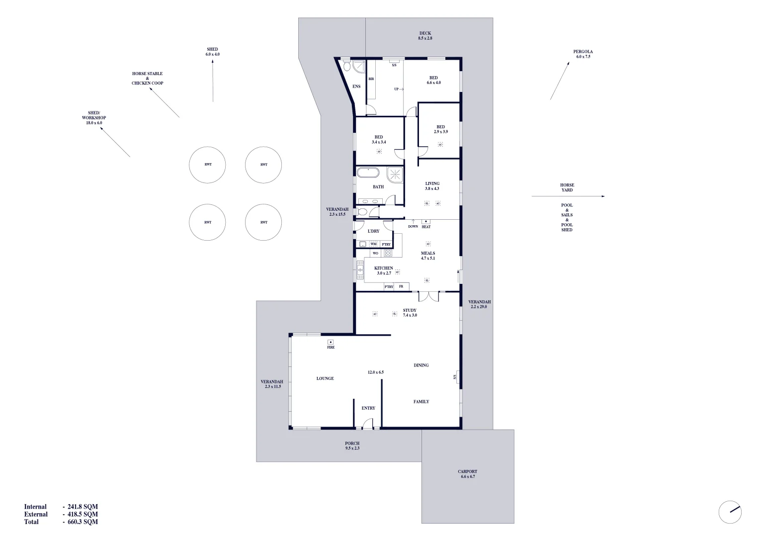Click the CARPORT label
pyautogui.click(x=467, y=474)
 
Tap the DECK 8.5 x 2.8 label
pyautogui.click(x=425, y=36)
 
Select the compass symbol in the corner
pyautogui.click(x=730, y=512)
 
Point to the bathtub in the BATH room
pyautogui.click(x=368, y=173)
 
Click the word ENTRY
pyautogui.click(x=368, y=408)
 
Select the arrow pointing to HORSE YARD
pyautogui.click(x=568, y=196)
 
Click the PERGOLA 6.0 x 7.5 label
pyautogui.click(x=583, y=54)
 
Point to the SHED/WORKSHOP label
pyautogui.click(x=94, y=118)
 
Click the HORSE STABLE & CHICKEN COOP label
pyautogui.click(x=147, y=79)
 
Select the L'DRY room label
pyautogui.click(x=373, y=231)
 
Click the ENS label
pyautogui.click(x=356, y=87)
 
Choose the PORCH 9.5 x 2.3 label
pyautogui.click(x=352, y=446)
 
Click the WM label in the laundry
pyautogui.click(x=373, y=244)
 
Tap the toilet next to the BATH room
pyautogui.click(x=362, y=212)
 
